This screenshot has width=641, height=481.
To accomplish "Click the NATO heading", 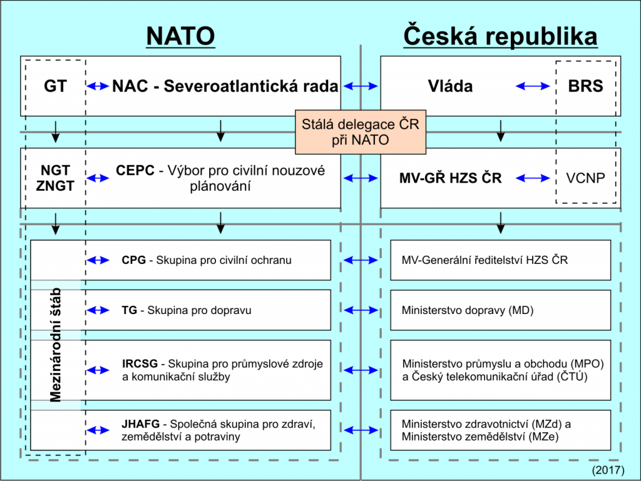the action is pos(181,36).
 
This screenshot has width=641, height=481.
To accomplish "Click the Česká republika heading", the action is pos(500,36).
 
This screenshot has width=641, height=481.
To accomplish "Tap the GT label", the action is pos(55,86).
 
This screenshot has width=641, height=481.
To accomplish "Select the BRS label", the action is pos(585,86).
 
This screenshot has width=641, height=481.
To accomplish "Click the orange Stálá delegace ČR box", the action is pos(361,132).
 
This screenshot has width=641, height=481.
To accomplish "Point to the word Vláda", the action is pos(450,86).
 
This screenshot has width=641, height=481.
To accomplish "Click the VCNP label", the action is pos(585,178).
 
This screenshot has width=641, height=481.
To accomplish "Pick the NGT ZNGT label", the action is pos(55,178).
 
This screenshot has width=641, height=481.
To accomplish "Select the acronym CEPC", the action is pos(135,170).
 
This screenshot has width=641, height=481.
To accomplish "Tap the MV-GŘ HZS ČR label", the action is pos(450,178).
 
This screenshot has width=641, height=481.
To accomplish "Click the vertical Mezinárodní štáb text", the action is pos(55,345).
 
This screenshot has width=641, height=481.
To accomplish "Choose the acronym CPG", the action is pos(134,260).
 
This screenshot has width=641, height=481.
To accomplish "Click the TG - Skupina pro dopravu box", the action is pos(181,310).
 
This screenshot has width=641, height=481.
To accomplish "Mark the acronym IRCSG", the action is pos(140,363).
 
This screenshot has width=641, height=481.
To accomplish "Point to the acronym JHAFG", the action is pos(140,424).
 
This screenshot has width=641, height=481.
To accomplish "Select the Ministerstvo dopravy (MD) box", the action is pos(500,310).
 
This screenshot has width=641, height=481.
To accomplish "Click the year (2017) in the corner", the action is pos(608,470).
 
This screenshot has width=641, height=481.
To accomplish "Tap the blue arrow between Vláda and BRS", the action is pos(533,86).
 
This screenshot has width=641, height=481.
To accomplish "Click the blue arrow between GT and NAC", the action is pos(98,86).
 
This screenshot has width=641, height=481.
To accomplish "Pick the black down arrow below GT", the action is pos(56,131).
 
